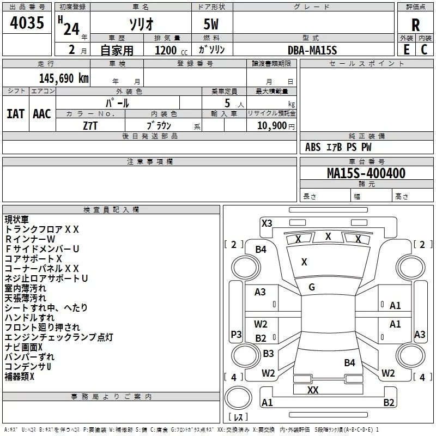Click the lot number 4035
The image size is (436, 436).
27,22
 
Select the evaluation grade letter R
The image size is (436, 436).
415,25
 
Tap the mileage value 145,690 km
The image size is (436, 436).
64,78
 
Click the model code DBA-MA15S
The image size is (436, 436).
312,50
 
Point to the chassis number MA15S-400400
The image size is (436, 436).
366,173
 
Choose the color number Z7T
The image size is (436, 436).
90,126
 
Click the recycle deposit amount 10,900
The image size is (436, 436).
271,125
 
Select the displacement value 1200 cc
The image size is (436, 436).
171,50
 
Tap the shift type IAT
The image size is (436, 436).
16,114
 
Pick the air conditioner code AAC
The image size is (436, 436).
42,114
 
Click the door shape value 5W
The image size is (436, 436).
211,24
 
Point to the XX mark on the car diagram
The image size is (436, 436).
313,390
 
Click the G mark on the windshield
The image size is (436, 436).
312,287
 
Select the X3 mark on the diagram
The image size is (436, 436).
267,223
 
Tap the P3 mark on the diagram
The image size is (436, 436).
236,334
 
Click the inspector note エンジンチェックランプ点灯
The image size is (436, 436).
59,337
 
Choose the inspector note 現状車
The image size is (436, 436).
17,220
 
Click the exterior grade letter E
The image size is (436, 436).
406,50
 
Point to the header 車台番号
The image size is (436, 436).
366,161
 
